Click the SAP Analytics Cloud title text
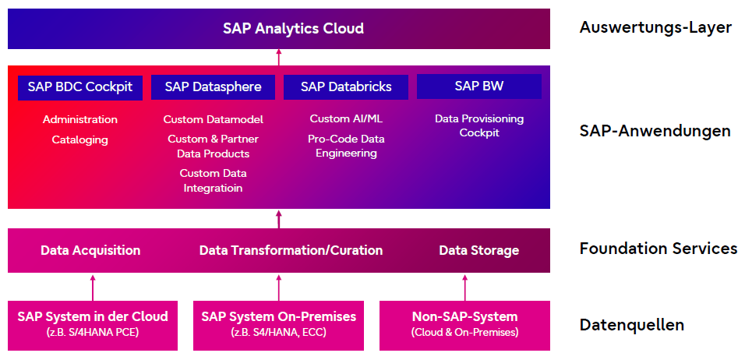293,29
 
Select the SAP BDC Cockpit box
80,86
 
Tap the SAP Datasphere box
213,86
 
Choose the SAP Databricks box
346,86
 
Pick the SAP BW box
478,86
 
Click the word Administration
80,119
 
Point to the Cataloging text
80,139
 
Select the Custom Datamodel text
213,119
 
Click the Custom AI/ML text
346,119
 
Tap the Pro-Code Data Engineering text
346,146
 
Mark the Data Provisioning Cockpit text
478,125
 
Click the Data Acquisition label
90,250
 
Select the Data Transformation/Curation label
291,250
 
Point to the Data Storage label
478,250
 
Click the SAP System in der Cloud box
93,323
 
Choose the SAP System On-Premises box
278,323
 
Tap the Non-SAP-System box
464,323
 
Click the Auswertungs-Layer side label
655,28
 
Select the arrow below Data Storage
465,286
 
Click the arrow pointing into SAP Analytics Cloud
279,57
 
